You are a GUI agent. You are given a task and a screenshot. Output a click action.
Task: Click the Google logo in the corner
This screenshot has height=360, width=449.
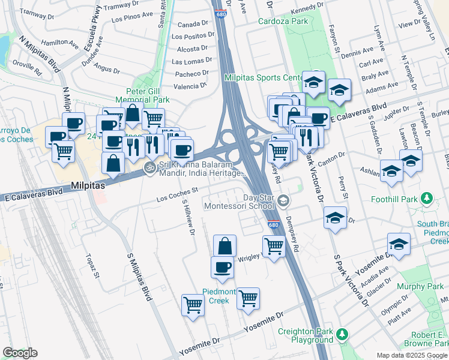pyautogui.click(x=20, y=353)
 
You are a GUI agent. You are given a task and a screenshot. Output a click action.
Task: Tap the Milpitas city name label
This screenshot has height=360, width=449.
pyautogui.click(x=88, y=186)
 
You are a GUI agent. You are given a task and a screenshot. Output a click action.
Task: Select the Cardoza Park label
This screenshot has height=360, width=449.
pyautogui.click(x=283, y=21)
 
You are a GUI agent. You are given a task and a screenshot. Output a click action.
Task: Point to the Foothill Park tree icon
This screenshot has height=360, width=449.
pyautogui.click(x=427, y=197)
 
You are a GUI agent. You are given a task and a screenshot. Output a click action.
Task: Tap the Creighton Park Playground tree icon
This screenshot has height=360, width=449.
pyautogui.click(x=342, y=334)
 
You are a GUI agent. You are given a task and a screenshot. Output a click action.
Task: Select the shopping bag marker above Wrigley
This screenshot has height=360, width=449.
pyautogui.click(x=224, y=246)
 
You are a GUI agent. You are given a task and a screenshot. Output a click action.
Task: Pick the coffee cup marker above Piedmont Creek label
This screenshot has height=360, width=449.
pyautogui.click(x=222, y=268)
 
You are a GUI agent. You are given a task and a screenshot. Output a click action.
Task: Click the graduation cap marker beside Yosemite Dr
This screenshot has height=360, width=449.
pyautogui.click(x=399, y=245)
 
